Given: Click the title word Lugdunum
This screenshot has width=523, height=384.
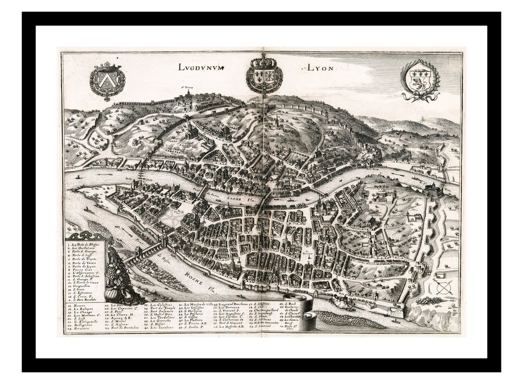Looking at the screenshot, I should pos(201,67).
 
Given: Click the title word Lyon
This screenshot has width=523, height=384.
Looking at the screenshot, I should pos(320,68).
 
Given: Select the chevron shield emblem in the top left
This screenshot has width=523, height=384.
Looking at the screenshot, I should pos(107,80).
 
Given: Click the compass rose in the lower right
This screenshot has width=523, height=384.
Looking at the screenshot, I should pos(443,288).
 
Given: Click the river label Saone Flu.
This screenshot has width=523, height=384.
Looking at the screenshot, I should pos(231,198).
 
